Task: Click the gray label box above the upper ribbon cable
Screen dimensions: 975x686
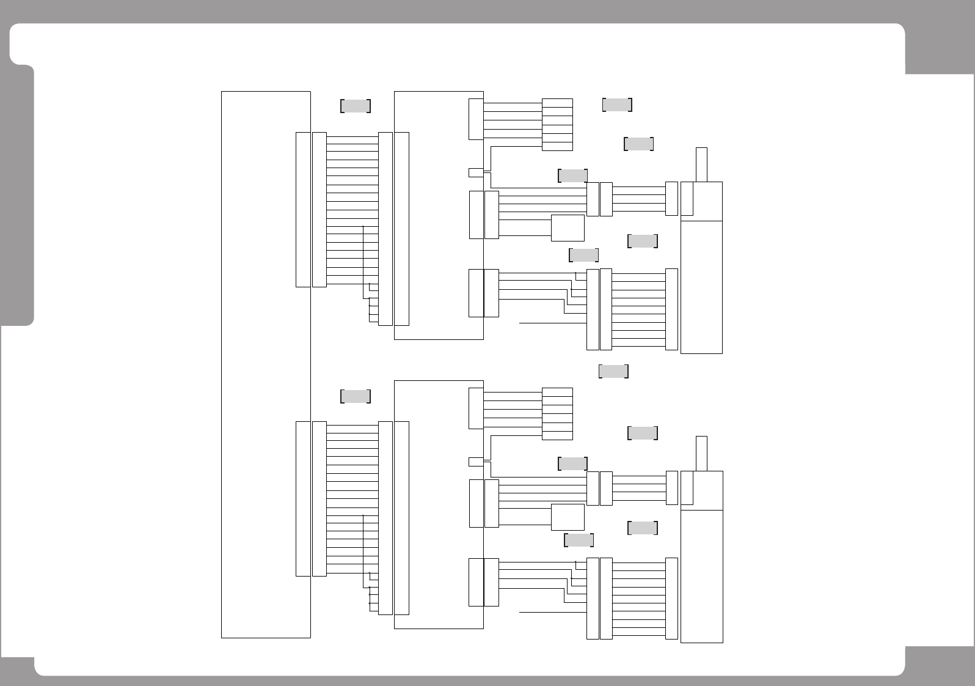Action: tap(356, 106)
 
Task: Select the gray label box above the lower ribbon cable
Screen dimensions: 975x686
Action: tap(356, 396)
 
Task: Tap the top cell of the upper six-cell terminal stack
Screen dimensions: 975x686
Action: tap(557, 103)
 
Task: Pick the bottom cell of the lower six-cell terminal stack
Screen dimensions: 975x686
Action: tap(557, 435)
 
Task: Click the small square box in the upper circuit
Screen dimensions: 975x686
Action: tap(568, 228)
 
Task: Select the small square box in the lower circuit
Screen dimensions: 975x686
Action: tap(568, 517)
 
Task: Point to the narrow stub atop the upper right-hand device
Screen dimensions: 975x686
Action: tap(701, 164)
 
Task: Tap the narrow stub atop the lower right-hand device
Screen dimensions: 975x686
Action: tap(701, 453)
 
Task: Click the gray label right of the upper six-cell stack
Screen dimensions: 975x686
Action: tap(617, 105)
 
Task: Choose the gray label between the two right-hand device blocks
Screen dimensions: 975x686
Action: tap(613, 371)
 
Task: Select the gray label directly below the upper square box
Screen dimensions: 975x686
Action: tap(583, 255)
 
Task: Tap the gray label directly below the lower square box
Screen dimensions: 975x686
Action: tap(579, 540)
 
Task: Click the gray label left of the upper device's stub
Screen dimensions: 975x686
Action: tap(639, 144)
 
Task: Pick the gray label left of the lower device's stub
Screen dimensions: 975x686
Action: tap(643, 433)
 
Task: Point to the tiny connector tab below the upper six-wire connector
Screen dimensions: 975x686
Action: tap(476, 172)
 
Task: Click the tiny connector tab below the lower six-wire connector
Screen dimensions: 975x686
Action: tap(476, 462)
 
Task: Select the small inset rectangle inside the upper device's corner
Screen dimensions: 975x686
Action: tap(687, 199)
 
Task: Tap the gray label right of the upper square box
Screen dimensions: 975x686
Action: tap(643, 241)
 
